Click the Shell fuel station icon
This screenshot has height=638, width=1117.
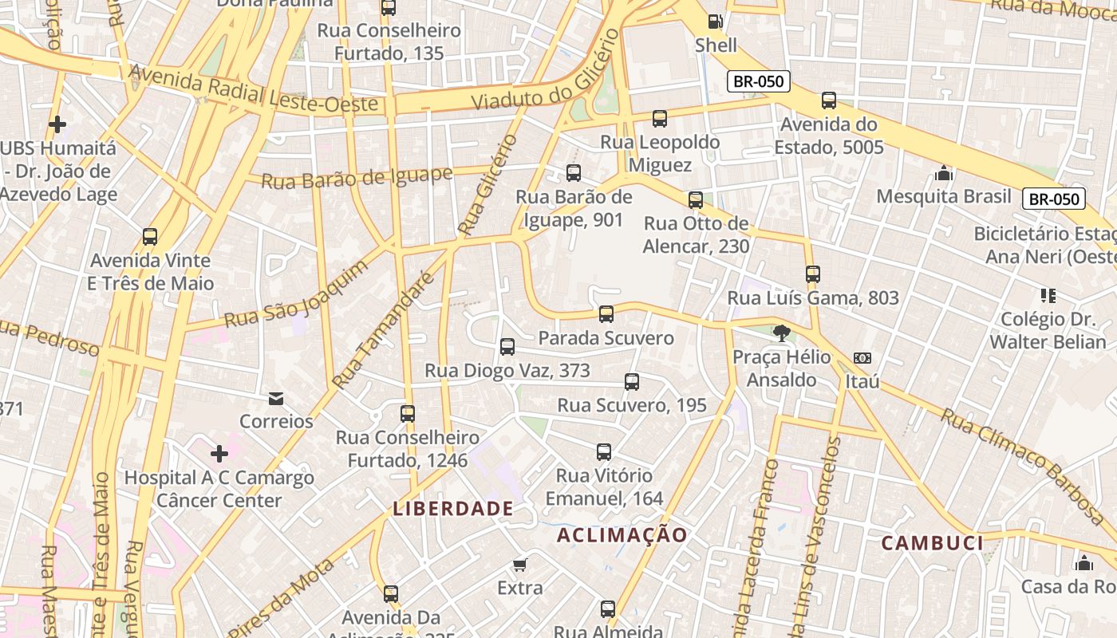(x=716, y=22)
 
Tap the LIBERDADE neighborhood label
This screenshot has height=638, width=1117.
(x=453, y=508)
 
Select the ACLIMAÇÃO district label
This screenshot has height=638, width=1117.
(x=622, y=535)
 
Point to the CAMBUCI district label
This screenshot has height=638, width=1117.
(x=932, y=543)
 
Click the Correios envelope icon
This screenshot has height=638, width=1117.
(x=276, y=398)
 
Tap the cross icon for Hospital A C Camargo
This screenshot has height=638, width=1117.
(x=219, y=454)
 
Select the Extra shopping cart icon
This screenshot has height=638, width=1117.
(x=519, y=565)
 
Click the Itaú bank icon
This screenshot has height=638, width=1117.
(x=862, y=358)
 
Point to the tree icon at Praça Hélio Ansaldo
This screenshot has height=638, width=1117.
(x=781, y=333)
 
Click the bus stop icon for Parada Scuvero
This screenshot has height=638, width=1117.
(x=606, y=314)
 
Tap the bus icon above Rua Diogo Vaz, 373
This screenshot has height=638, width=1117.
(x=507, y=347)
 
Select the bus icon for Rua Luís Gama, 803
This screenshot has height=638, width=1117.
(x=813, y=274)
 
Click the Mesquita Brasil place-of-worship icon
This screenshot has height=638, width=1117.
(x=944, y=173)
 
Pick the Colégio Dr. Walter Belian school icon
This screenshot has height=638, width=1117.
(x=1048, y=296)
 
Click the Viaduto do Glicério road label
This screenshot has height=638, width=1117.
(x=544, y=70)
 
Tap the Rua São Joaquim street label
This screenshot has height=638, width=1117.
(x=296, y=293)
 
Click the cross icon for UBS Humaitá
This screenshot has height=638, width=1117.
(x=57, y=124)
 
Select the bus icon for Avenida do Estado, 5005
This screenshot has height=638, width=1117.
(x=829, y=100)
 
